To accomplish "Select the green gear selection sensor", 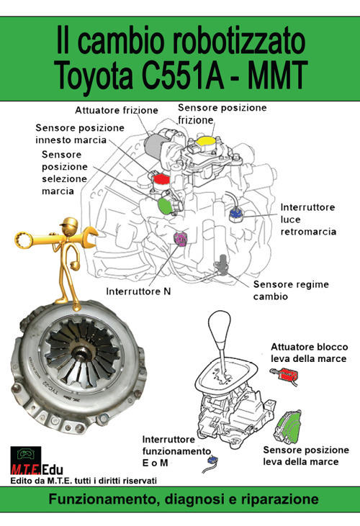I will (x=165, y=205).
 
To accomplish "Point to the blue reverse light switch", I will (x=235, y=213).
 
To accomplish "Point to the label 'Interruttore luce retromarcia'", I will (x=308, y=219).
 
